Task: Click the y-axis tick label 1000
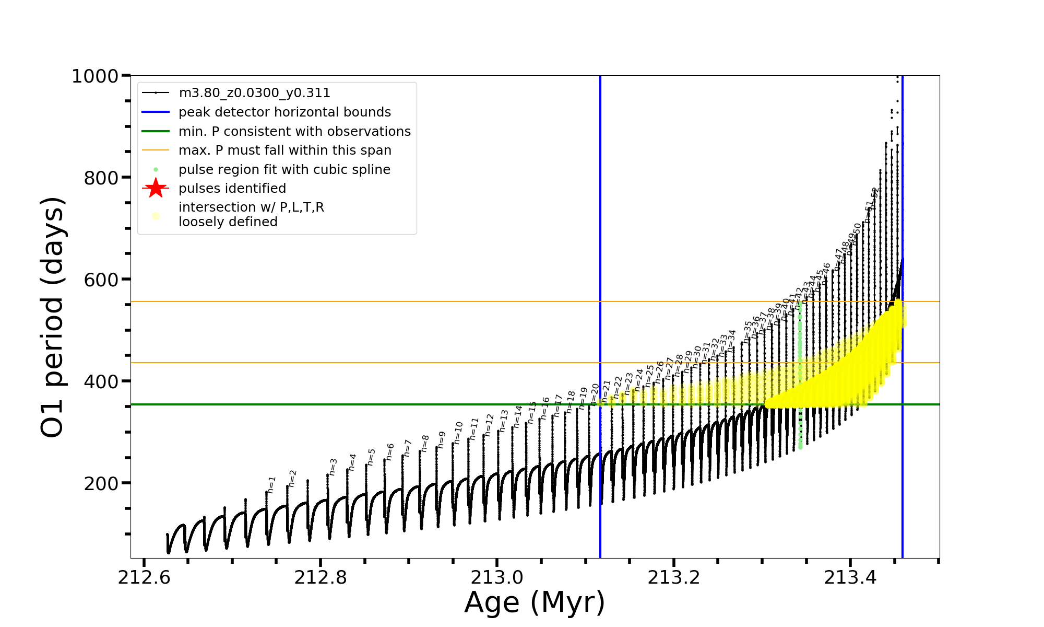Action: coord(95,77)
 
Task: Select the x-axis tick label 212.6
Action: coord(144,578)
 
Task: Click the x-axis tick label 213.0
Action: coord(497,578)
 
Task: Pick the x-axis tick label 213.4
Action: coord(850,578)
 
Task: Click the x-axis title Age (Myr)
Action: coord(535,602)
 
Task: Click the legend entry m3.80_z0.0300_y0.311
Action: coord(254,93)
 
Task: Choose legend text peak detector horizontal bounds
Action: coord(284,112)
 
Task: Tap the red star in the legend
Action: coord(156,188)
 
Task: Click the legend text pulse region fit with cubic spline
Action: coord(284,170)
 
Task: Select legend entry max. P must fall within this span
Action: coord(284,150)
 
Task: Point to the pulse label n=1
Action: coord(271,484)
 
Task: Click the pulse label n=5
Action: coord(371,457)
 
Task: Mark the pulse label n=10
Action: coord(458,433)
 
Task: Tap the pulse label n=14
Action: coord(517,416)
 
